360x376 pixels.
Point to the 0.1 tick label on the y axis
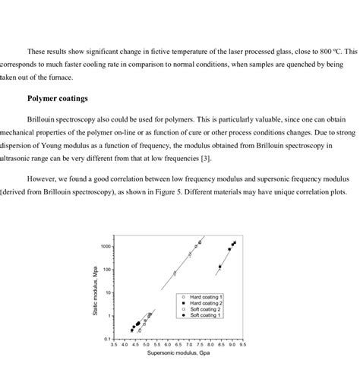click(x=109, y=339)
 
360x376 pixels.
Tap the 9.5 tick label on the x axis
click(x=242, y=346)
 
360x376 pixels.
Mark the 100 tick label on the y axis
click(x=108, y=270)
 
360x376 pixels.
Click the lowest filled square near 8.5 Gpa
click(x=220, y=267)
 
